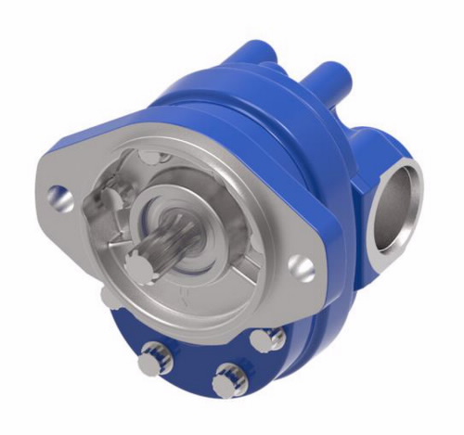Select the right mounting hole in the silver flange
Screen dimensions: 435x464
302,268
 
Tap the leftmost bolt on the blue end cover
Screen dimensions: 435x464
150,360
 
